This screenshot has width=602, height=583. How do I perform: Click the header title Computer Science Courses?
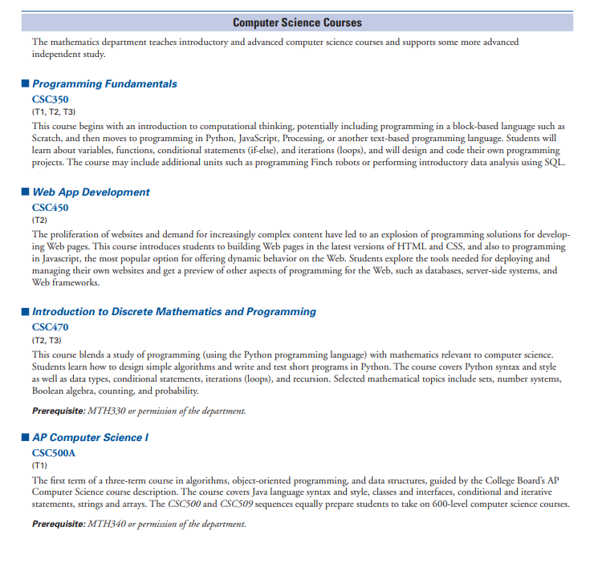point(297,22)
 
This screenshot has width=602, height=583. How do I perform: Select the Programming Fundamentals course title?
point(104,83)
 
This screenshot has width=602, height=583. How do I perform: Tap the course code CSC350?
point(50,99)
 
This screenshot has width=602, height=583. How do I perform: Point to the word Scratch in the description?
point(48,138)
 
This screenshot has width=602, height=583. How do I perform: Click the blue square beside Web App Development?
point(25,192)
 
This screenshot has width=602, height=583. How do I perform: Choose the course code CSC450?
point(50,207)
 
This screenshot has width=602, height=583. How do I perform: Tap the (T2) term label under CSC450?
point(39,219)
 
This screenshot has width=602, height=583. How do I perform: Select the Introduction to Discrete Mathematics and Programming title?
point(174,311)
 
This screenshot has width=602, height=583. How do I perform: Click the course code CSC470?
point(50,327)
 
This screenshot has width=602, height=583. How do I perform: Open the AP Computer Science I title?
point(91,437)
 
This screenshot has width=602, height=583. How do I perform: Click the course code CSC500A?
point(54,452)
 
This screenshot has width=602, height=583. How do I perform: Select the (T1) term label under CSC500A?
point(39,464)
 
